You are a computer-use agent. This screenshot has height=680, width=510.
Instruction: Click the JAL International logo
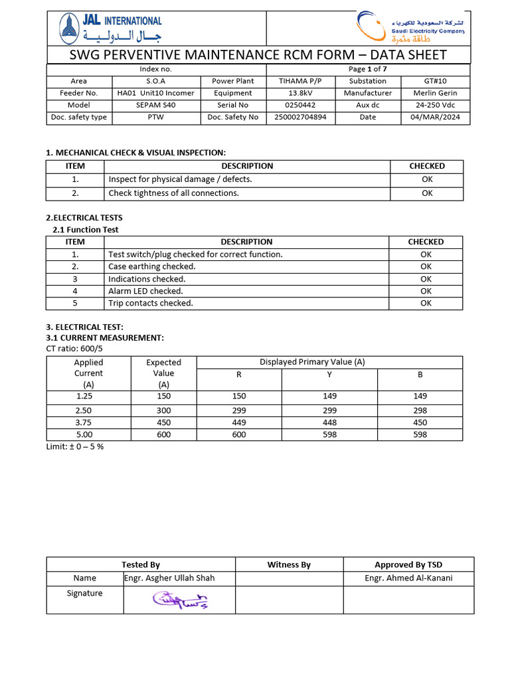click(110, 29)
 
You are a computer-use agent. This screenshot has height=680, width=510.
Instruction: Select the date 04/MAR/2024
click(436, 117)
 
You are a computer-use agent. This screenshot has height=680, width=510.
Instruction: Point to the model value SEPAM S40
click(155, 105)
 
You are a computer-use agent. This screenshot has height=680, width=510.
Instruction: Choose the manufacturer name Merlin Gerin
click(436, 93)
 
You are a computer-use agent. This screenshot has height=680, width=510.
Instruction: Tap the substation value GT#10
click(436, 81)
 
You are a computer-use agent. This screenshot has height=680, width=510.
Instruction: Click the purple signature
click(180, 600)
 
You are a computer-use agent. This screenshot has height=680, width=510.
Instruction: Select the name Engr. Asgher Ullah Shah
click(170, 578)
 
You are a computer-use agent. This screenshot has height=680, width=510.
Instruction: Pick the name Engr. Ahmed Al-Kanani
click(408, 578)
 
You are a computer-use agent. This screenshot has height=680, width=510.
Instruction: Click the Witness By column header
click(289, 564)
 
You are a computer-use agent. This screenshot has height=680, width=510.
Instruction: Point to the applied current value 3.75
click(88, 422)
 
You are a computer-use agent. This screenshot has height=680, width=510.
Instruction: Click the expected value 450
click(163, 422)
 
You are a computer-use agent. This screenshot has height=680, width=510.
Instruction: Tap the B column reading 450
click(420, 422)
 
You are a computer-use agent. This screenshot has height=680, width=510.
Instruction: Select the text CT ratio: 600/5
click(74, 349)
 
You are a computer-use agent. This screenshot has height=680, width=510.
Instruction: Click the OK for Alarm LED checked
click(426, 291)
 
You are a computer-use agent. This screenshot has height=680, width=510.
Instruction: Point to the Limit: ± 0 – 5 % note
click(74, 446)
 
